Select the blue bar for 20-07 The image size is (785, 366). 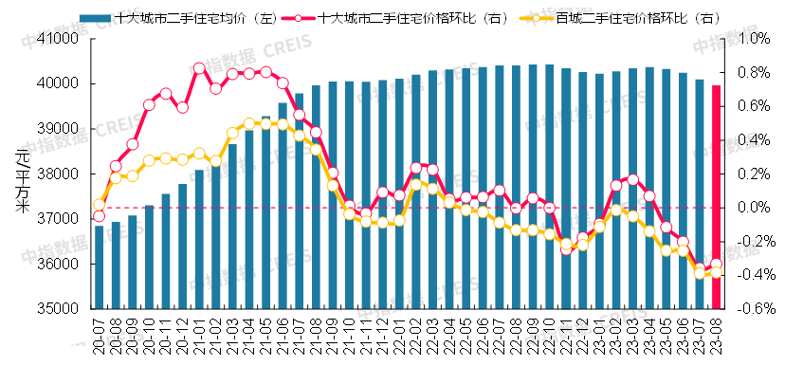pos(99,267)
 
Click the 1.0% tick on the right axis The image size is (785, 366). pos(749,39)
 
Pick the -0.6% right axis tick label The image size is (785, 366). pos(747,309)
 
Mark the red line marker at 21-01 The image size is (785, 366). pos(199,68)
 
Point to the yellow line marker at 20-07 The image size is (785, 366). pos(99,204)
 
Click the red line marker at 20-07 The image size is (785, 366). pos(99,216)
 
